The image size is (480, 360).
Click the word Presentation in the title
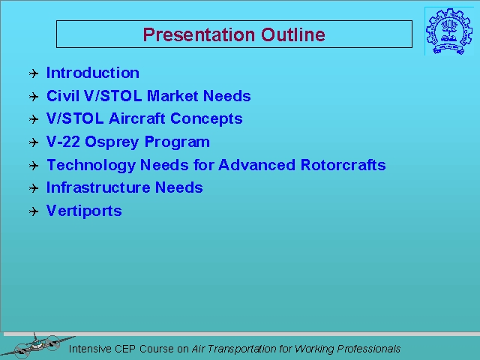199,34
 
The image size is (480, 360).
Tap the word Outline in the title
293,34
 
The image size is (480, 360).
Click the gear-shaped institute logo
449,31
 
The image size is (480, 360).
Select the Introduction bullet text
93,73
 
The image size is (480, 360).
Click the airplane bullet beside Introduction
34,73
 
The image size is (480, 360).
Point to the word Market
172,96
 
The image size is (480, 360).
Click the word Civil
63,96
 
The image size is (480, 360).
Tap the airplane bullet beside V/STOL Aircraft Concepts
34,119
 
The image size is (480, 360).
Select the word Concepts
206,119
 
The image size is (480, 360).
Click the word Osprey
112,142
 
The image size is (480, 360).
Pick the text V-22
63,142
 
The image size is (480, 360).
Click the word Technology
91,165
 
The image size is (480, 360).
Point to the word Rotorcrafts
343,165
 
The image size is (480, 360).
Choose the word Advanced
256,165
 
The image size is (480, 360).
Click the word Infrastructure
98,187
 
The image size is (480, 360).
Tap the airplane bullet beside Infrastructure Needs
34,188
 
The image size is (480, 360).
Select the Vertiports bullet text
84,211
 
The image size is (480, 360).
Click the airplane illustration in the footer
37,346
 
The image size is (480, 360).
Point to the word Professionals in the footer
368,349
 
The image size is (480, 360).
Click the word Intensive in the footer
90,349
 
